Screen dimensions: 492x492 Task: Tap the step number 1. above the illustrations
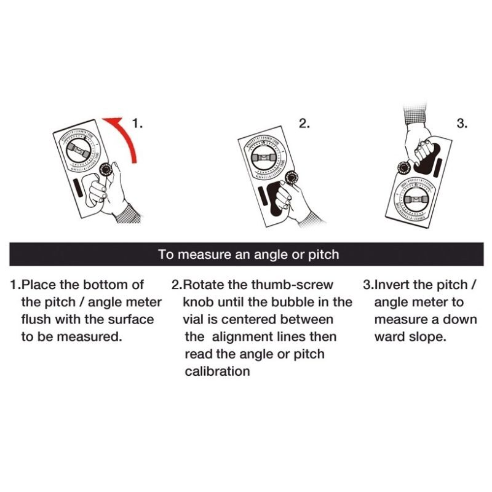(137, 124)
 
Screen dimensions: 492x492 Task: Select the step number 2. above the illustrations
(304, 124)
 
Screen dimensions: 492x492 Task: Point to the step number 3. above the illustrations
(462, 124)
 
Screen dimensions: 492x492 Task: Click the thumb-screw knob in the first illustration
(105, 170)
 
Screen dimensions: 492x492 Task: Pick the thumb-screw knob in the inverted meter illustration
(404, 168)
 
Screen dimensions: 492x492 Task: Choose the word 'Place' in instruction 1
(38, 285)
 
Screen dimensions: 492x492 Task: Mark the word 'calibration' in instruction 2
(217, 371)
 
